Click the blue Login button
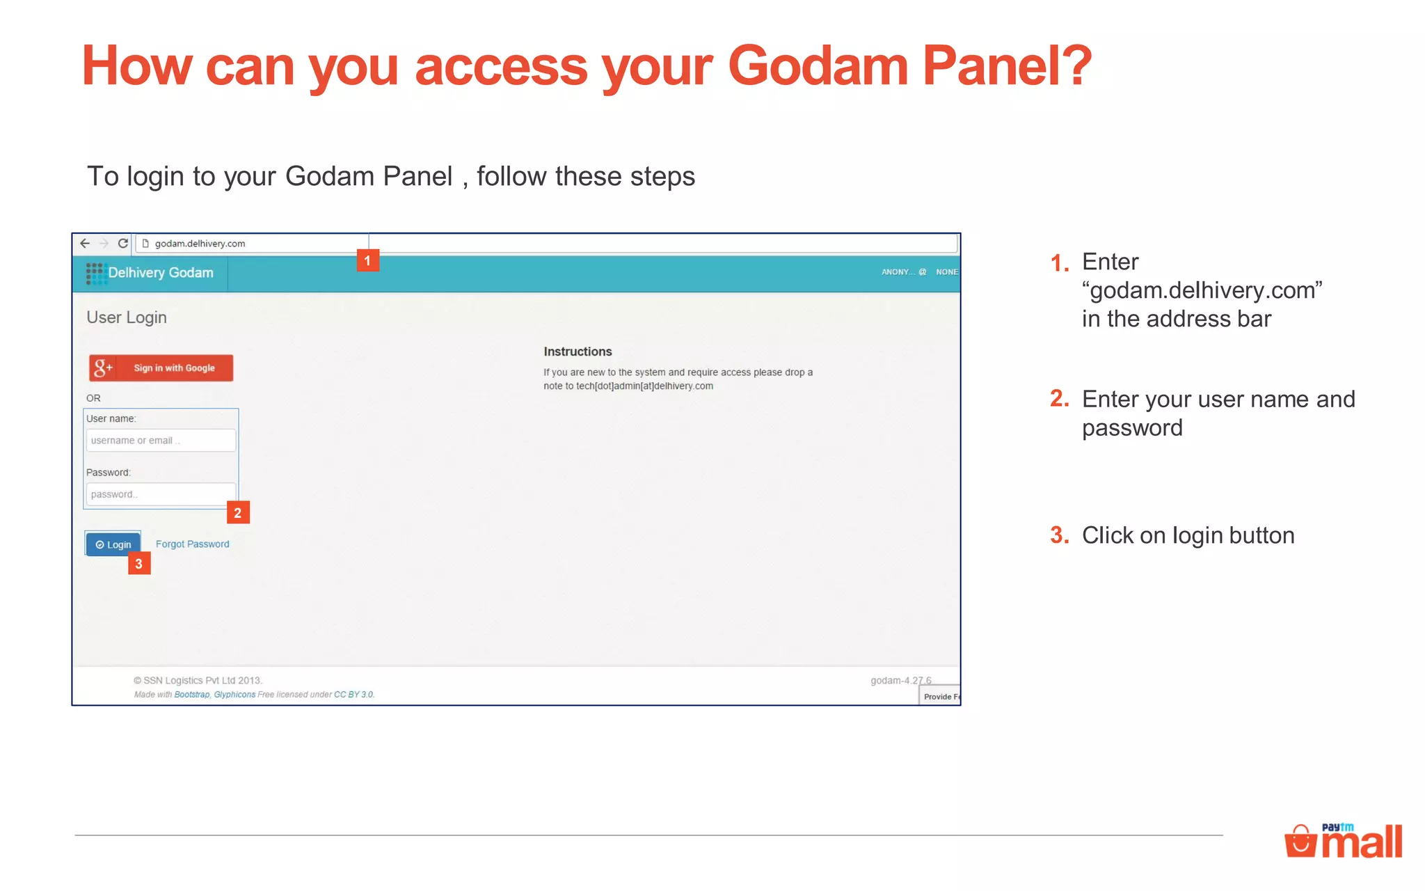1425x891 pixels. coord(113,544)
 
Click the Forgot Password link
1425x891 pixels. coord(192,544)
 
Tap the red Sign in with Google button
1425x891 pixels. coord(161,368)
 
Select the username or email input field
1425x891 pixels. coord(161,441)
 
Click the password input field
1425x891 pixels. coord(161,494)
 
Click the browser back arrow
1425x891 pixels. coord(85,244)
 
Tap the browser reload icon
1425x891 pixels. coord(123,244)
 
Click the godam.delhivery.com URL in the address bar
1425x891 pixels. coord(200,244)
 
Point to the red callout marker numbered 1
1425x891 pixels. coord(367,260)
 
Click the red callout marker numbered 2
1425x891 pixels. coord(238,513)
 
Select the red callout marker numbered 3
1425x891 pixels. coord(139,564)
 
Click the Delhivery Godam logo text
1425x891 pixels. coord(160,273)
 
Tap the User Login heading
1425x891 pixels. coord(127,317)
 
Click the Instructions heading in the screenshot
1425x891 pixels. coord(578,352)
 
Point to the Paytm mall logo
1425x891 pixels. coord(1343,841)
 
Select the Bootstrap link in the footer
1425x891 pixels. coord(191,695)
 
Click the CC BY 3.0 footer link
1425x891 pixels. coord(353,695)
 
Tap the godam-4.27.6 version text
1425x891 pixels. coord(900,680)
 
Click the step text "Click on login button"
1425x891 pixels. coord(1188,535)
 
